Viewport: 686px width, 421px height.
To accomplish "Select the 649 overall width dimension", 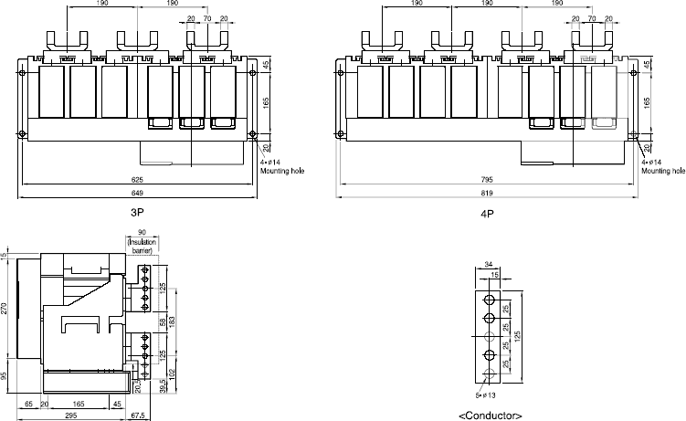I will point(135,194).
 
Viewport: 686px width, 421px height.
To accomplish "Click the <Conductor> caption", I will point(491,416).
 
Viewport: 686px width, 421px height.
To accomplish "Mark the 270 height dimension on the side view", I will point(5,309).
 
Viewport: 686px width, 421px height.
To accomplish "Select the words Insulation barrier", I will point(142,249).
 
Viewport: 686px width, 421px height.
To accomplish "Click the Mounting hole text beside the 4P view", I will point(662,170).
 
